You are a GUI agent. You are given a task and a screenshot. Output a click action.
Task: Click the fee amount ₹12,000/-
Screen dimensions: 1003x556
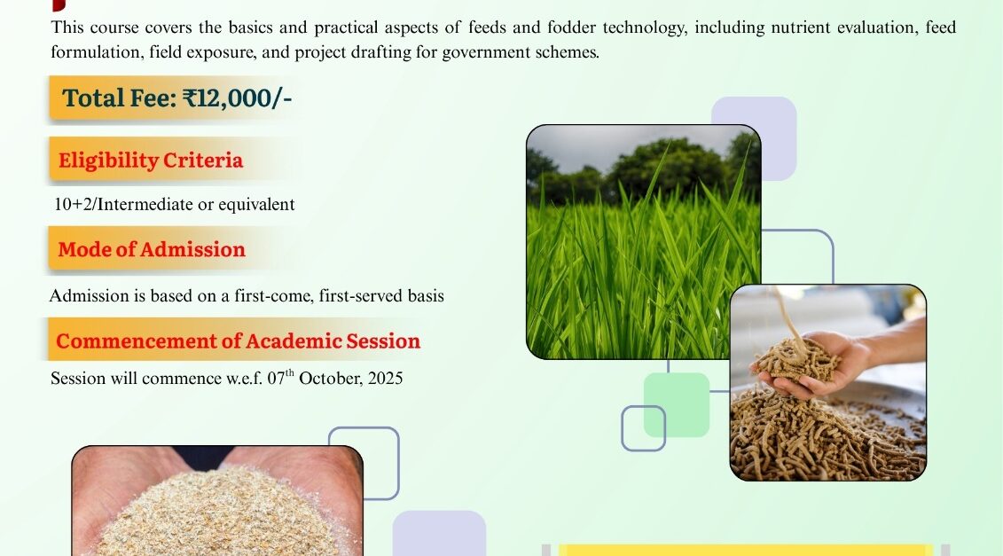coord(238,98)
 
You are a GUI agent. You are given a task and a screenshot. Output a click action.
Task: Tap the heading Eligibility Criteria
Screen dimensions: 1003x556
coord(151,160)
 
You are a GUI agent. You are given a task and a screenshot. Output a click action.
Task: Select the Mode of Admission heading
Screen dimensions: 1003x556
coord(152,249)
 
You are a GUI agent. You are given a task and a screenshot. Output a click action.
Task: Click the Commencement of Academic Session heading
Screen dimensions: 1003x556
coord(238,341)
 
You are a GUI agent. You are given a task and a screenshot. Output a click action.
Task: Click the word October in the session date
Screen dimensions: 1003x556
coord(330,378)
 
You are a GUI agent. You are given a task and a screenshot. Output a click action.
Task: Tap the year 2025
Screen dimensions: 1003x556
coord(385,378)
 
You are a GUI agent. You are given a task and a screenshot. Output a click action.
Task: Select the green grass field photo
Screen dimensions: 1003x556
coord(644,242)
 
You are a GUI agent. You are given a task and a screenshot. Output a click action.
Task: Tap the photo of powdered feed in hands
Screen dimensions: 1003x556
coord(217,501)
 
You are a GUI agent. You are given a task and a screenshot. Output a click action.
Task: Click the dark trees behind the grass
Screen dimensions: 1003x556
coord(646,168)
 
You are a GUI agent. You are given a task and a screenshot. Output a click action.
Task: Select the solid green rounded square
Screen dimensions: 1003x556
coord(677,405)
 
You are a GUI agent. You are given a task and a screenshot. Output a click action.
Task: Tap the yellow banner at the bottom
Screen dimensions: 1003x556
coord(746,551)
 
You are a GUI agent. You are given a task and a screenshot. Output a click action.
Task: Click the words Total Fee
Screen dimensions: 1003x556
coord(119,98)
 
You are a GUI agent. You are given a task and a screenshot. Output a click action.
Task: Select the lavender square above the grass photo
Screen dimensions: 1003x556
coord(754,138)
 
